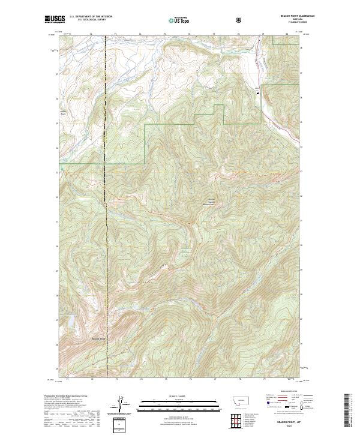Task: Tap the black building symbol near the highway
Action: click(259, 92)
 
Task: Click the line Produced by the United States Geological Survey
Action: click(63, 395)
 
